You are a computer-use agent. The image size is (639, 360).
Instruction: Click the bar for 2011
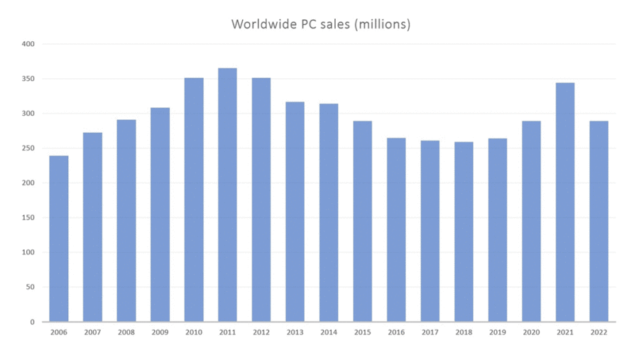(227, 195)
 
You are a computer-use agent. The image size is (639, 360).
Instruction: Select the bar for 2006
(59, 239)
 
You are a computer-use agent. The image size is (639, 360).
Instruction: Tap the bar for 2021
(565, 202)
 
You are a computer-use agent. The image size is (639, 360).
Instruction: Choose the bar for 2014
(329, 213)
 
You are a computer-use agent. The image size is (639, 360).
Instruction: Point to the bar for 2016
(396, 230)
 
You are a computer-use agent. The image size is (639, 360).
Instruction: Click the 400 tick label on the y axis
(28, 45)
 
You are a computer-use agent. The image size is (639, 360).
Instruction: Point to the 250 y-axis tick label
(28, 148)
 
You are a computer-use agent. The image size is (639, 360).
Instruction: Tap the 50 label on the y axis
(30, 288)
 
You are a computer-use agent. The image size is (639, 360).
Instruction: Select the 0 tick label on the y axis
(32, 322)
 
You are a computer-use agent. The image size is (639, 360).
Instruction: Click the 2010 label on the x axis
(194, 332)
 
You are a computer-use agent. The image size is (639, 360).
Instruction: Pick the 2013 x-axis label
(295, 332)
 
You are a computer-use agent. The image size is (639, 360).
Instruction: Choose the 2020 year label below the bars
(531, 332)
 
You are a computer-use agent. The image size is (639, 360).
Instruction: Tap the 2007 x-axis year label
(92, 332)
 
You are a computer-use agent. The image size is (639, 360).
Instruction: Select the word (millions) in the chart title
(383, 24)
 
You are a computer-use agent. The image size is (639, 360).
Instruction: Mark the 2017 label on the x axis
(430, 332)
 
